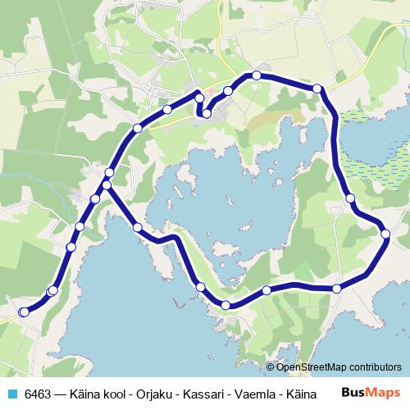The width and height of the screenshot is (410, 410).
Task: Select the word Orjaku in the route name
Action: tap(166, 394)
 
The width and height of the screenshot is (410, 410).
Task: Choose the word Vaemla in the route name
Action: tap(266, 394)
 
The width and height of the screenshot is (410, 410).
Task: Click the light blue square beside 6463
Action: tap(12, 394)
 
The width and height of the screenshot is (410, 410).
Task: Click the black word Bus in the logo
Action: tap(351, 393)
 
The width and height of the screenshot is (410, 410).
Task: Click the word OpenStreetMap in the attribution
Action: tap(310, 367)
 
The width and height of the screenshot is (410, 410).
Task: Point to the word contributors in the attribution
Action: tap(373, 367)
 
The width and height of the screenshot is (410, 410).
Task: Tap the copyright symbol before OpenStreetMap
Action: tap(270, 367)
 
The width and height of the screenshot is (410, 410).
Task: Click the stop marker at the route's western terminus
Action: tap(24, 312)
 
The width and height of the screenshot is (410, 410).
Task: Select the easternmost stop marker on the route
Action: tap(386, 235)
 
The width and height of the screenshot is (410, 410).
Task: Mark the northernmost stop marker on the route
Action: tap(257, 75)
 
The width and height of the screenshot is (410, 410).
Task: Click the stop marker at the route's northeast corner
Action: tap(318, 88)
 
